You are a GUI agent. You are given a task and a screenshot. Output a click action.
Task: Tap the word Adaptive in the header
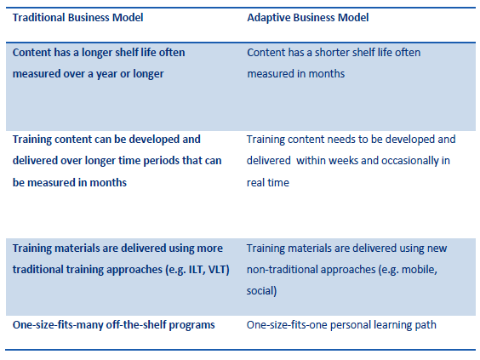[268, 17]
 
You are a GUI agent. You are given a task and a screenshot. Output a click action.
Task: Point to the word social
[262, 291]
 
